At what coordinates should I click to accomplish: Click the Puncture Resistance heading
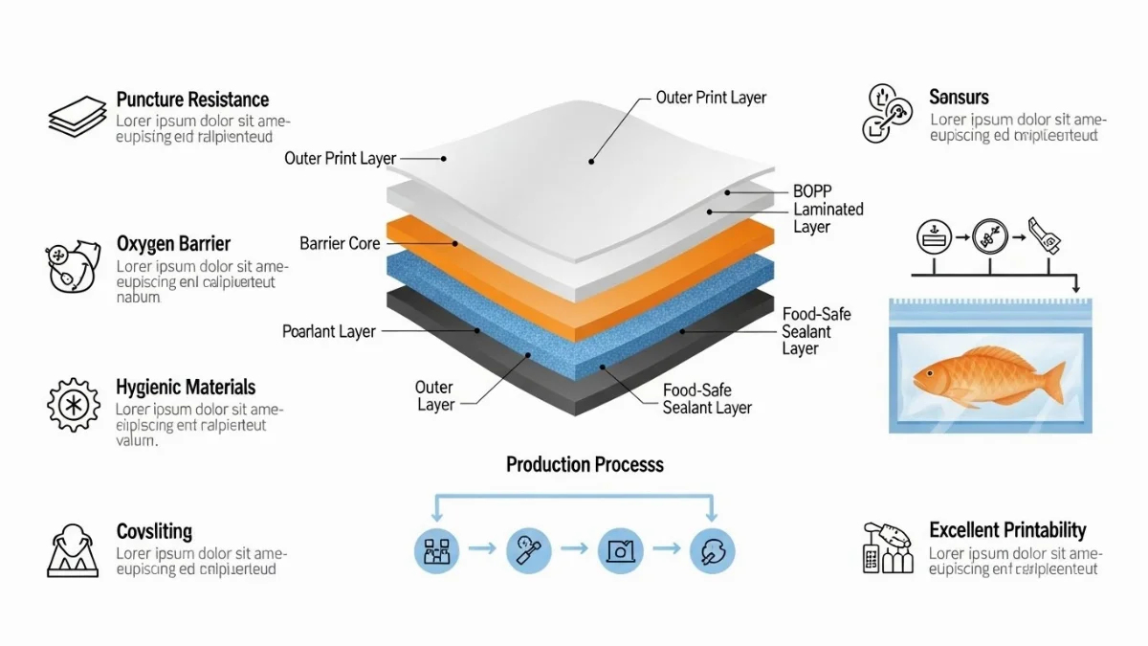(x=192, y=100)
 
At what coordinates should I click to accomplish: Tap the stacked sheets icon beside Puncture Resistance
(x=77, y=116)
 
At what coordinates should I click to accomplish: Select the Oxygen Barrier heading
(x=173, y=244)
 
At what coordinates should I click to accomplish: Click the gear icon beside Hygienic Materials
(x=73, y=404)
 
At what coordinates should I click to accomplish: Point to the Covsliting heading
(x=154, y=532)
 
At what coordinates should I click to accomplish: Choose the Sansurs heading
(x=959, y=97)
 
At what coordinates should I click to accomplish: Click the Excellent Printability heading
(x=1007, y=530)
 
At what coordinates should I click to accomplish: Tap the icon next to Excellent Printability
(x=887, y=547)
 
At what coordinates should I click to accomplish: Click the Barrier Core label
(x=340, y=244)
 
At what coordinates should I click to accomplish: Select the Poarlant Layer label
(x=329, y=331)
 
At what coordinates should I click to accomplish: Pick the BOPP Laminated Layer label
(x=828, y=209)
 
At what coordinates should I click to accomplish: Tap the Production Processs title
(x=585, y=465)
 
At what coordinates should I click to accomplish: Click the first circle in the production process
(x=437, y=550)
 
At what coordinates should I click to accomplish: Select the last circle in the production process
(x=713, y=550)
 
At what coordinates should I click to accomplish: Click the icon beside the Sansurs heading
(x=886, y=114)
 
